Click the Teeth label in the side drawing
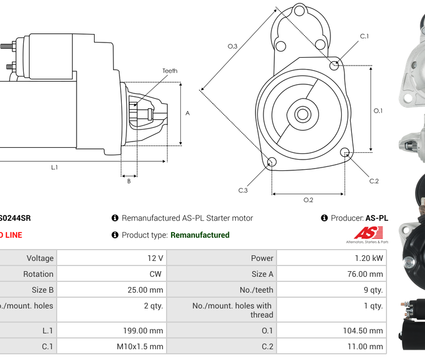(169, 71)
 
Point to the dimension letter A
(188, 113)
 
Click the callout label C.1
(364, 36)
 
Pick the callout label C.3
(243, 190)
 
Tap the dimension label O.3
(232, 46)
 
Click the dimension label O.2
(308, 200)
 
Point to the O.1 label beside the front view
(378, 110)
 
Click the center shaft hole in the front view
(303, 114)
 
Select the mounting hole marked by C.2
(345, 152)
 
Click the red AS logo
(368, 233)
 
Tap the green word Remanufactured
(200, 235)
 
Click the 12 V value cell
(155, 258)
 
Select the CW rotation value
(156, 274)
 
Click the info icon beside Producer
(324, 218)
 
